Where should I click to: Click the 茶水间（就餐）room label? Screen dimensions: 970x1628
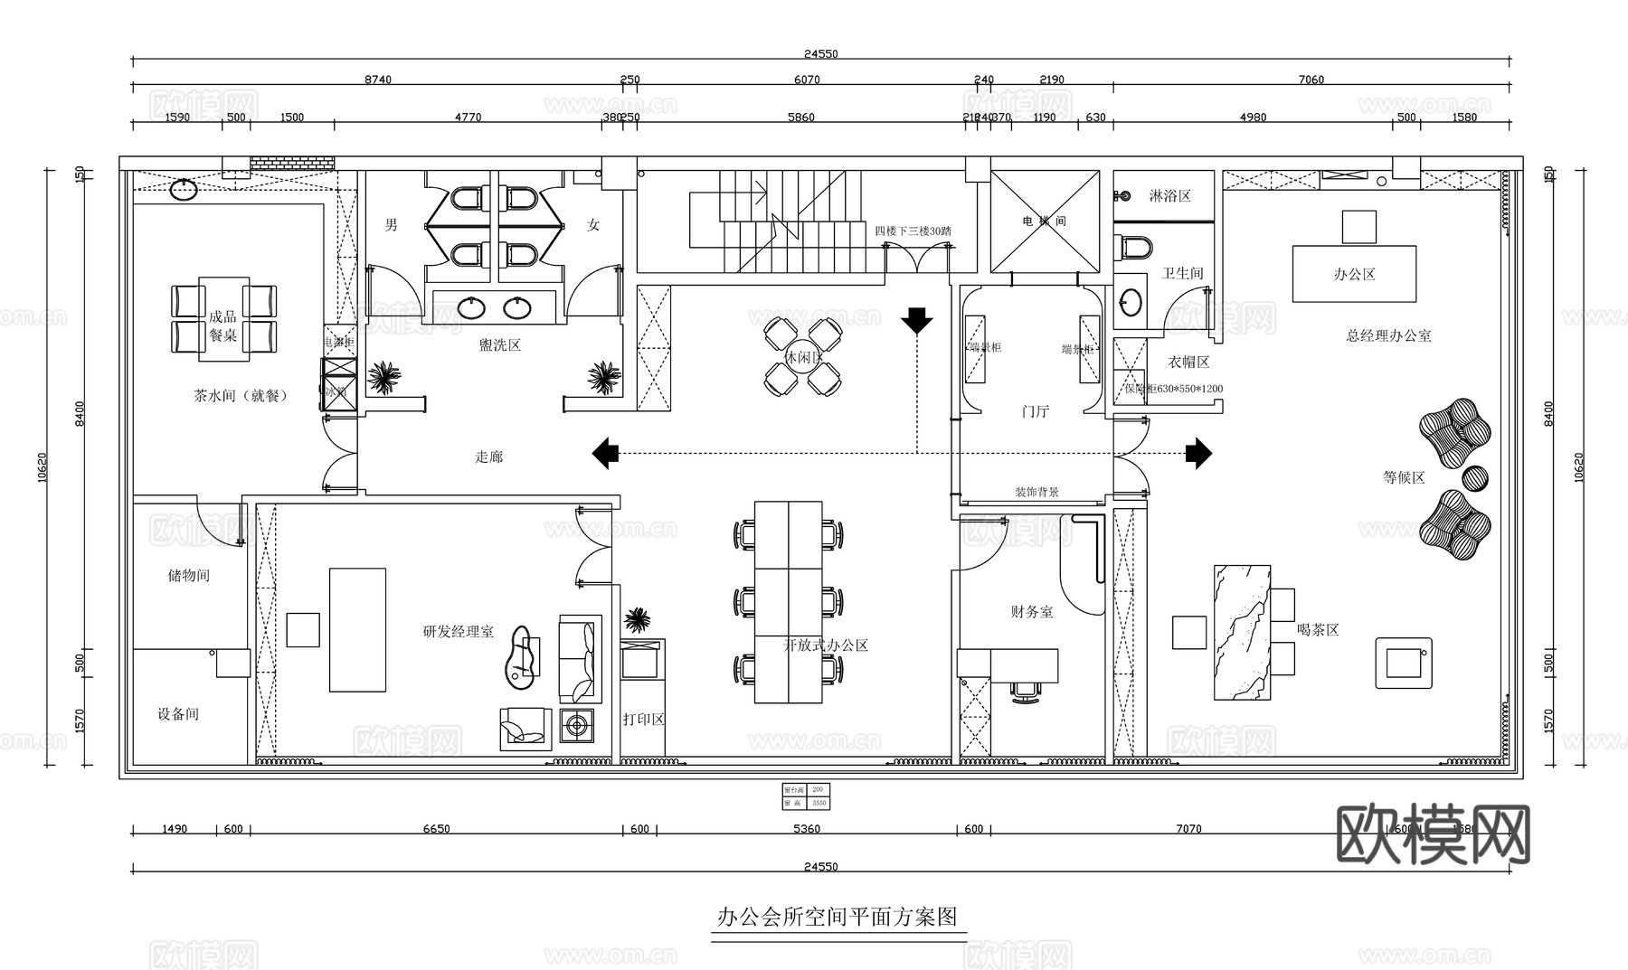point(240,396)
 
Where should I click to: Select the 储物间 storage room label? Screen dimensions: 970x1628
point(188,576)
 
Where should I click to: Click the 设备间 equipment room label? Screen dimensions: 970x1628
point(178,714)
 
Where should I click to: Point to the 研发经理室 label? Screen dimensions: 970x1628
point(459,632)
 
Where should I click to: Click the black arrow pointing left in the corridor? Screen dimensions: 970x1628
point(605,453)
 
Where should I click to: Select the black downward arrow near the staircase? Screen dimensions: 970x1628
point(916,320)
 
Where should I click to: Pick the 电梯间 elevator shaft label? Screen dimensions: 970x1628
point(1045,221)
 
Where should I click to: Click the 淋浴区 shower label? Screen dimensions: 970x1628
point(1170,196)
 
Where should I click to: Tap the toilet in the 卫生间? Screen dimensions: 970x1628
point(1136,246)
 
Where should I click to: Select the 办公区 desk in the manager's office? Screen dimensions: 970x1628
point(1354,274)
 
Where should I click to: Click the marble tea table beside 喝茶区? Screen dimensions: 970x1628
point(1242,633)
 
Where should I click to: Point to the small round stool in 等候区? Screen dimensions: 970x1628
point(1475,478)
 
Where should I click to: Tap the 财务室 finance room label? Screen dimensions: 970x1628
point(1032,612)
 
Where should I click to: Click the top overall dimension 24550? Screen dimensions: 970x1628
point(820,54)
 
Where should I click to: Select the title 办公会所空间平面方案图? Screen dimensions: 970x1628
point(837,918)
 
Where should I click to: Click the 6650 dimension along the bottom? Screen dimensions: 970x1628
point(436,829)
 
